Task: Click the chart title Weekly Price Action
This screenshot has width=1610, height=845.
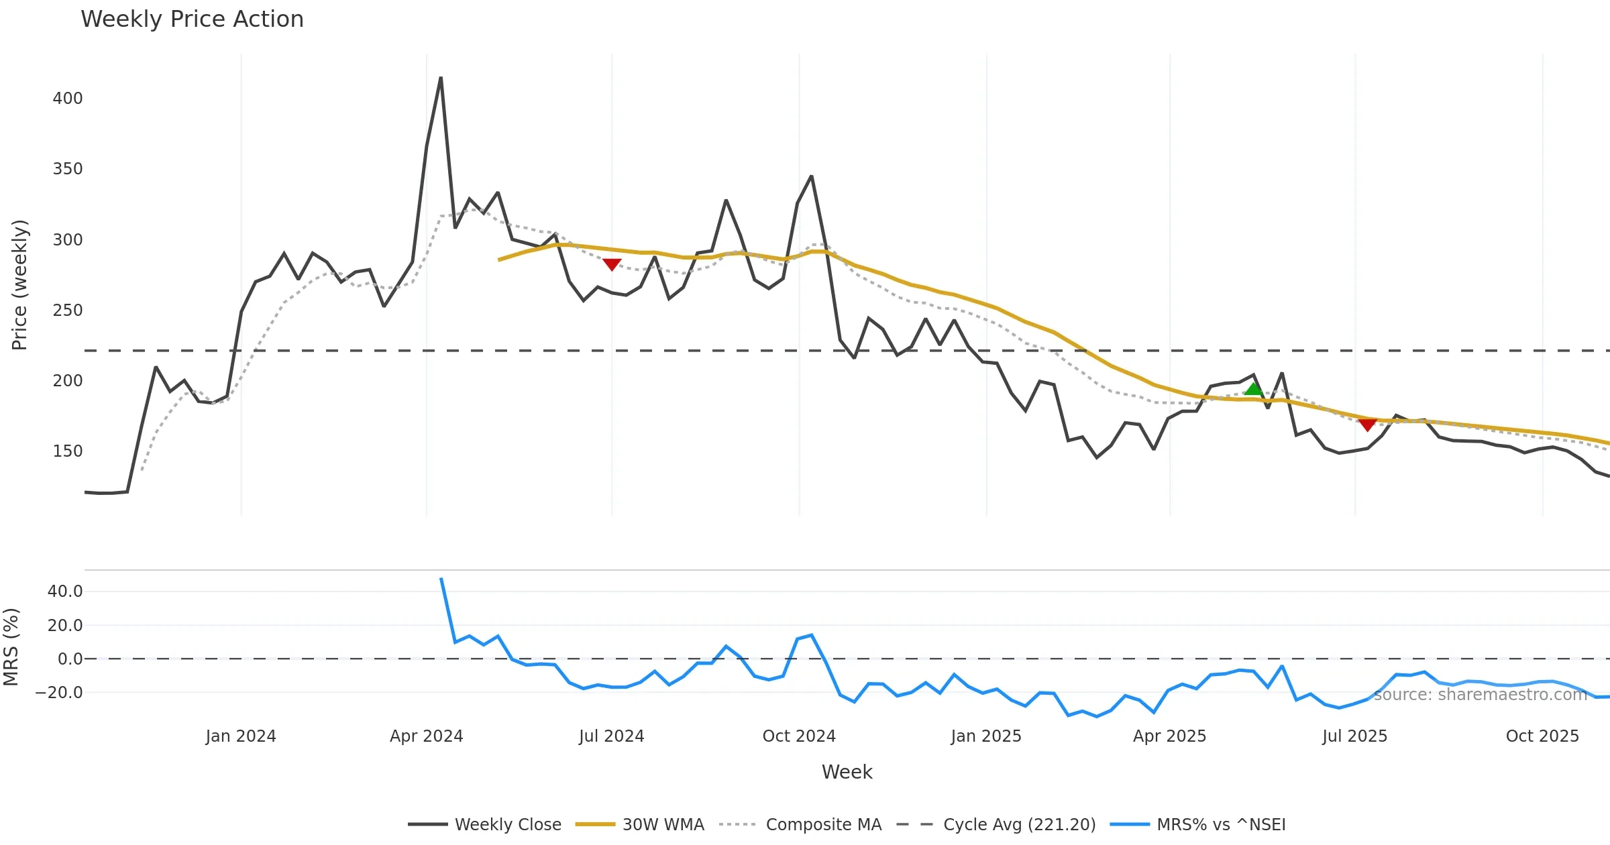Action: coord(192,19)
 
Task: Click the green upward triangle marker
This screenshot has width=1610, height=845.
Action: coord(1253,389)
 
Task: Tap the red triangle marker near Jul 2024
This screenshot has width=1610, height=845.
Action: coord(612,264)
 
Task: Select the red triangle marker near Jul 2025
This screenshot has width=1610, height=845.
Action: coord(1367,425)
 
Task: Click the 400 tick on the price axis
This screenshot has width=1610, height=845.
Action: coord(68,99)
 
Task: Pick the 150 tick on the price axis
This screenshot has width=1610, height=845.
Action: coord(68,451)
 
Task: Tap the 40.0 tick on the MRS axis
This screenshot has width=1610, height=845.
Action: coord(65,591)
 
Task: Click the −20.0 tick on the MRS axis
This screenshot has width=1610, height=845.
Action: coord(60,693)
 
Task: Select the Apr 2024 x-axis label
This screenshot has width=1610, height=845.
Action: coord(427,736)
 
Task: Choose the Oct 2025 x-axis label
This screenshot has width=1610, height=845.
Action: coord(1542,736)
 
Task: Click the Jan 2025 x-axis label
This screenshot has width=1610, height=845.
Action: coord(986,736)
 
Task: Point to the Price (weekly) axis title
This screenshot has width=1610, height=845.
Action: coord(19,285)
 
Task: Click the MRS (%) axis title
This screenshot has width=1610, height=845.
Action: coord(11,647)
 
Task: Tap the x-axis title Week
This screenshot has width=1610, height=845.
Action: coord(847,773)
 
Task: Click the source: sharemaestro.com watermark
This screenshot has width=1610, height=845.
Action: coord(1481,695)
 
